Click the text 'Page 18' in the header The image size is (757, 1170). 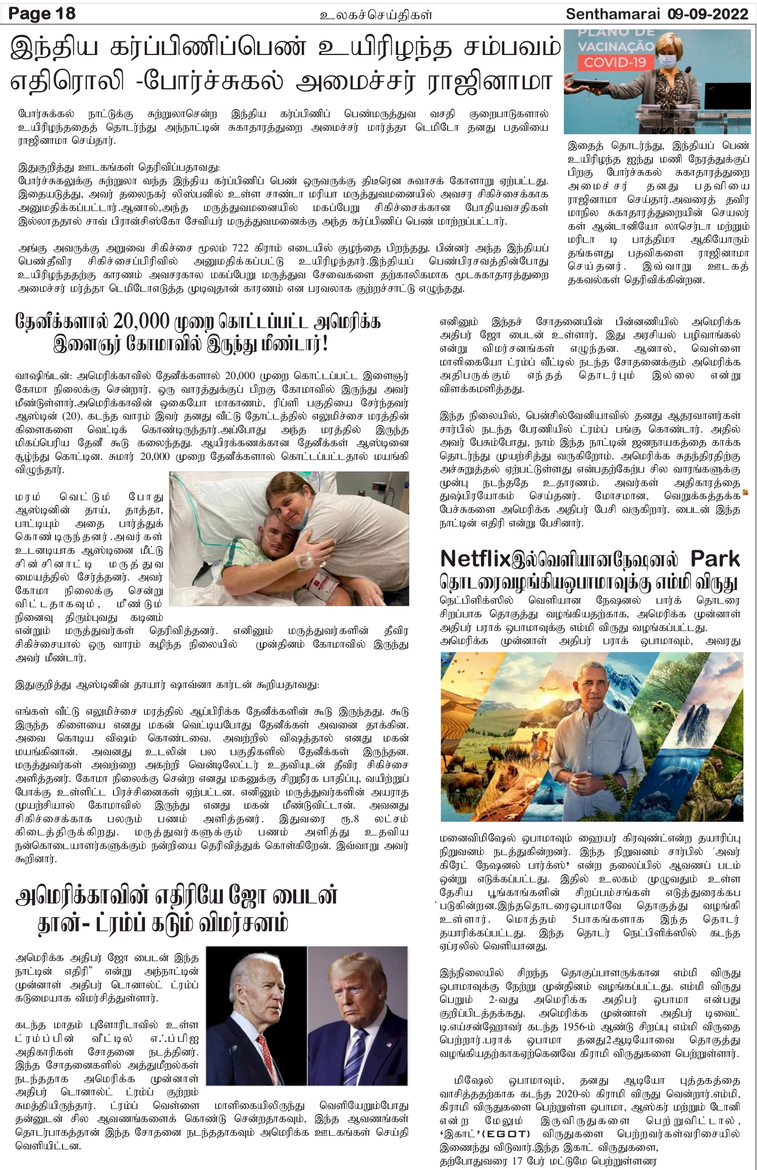(x=42, y=13)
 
